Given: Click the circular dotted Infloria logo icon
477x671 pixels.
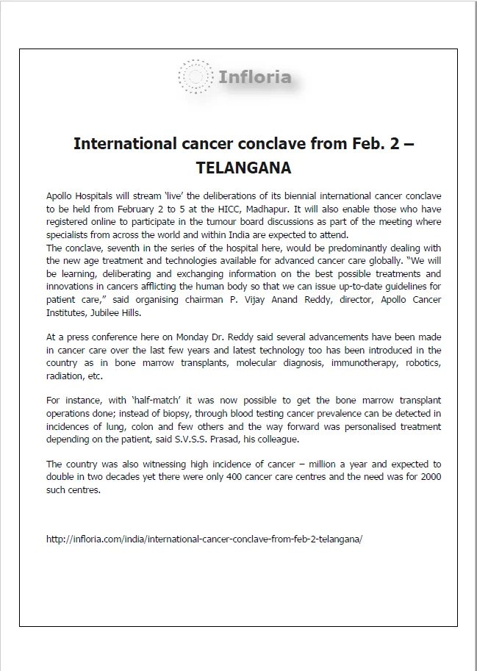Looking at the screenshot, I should click(x=196, y=76).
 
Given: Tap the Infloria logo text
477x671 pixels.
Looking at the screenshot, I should click(x=254, y=76).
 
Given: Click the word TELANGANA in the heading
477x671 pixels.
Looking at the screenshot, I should click(x=243, y=168).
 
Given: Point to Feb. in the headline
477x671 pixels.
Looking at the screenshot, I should click(x=369, y=143).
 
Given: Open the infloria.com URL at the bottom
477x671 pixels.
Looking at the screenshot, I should click(x=204, y=539).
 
